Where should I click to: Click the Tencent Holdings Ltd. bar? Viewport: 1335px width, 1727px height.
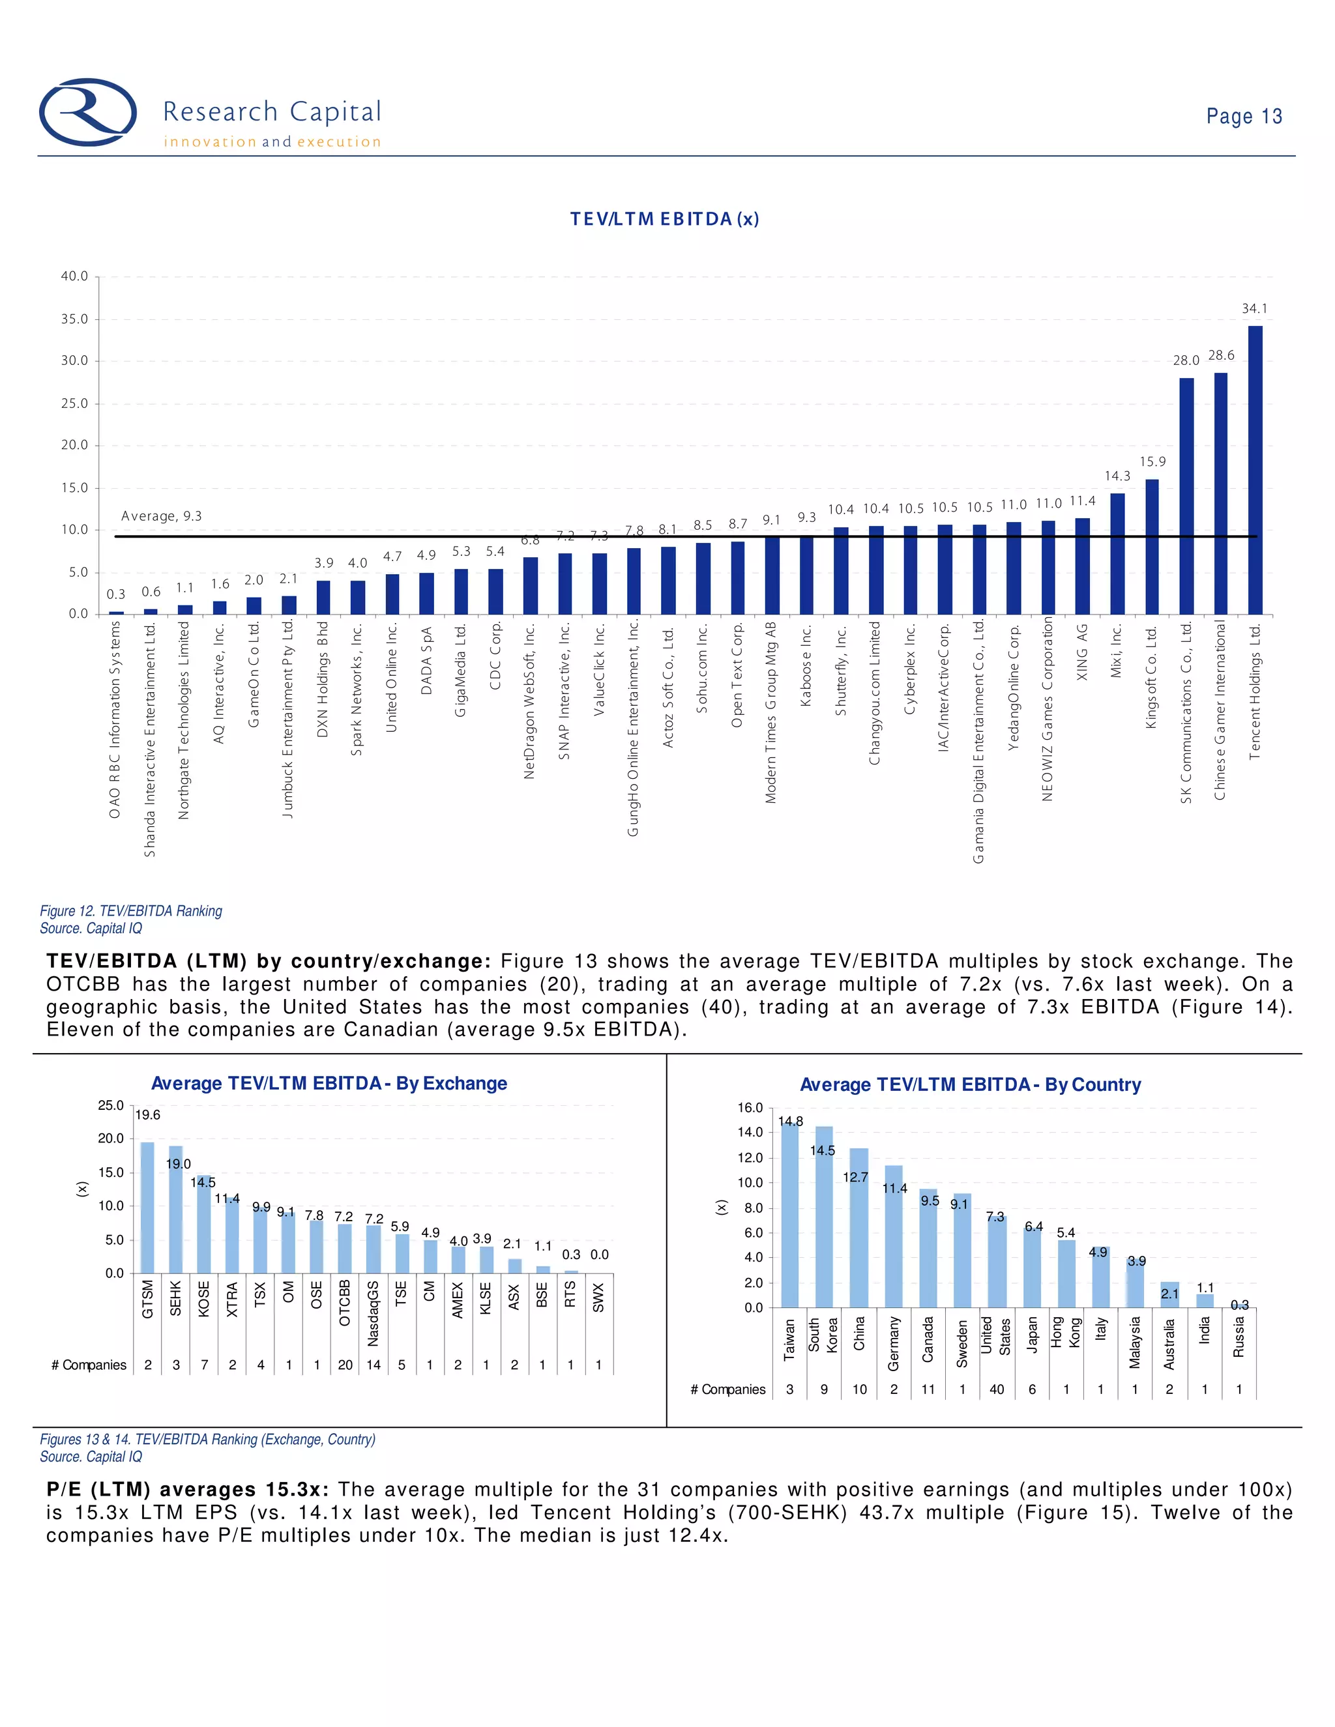(1255, 470)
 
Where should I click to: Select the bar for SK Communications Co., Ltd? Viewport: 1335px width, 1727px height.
(1186, 496)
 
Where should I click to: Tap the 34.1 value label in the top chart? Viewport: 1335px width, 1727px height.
(1254, 308)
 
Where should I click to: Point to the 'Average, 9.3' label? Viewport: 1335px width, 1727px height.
(162, 516)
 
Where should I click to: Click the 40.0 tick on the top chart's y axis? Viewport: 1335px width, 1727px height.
(74, 276)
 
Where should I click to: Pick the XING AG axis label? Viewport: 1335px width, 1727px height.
(1083, 652)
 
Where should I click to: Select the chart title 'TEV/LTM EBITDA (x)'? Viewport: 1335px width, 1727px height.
(664, 219)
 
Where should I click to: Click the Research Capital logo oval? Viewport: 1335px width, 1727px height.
(88, 112)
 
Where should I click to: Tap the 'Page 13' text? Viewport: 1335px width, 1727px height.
(1243, 116)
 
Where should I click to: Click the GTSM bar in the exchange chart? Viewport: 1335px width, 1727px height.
(147, 1208)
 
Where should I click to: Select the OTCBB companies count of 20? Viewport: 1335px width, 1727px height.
(345, 1365)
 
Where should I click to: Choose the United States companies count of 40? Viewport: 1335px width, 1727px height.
(997, 1389)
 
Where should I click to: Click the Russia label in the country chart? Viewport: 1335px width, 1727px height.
(1239, 1337)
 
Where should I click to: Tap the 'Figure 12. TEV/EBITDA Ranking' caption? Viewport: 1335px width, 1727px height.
(131, 911)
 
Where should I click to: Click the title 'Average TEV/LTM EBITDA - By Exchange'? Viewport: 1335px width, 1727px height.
(329, 1083)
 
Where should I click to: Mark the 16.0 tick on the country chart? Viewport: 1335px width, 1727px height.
(750, 1108)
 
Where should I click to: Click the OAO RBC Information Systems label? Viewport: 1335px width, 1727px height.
(115, 719)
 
